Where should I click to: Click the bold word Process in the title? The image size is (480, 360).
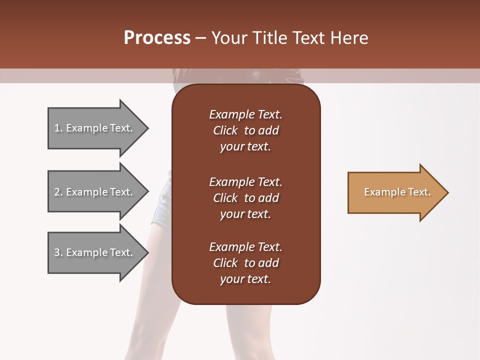157,38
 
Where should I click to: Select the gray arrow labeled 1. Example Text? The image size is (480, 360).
95,128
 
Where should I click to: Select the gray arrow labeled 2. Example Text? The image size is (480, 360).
95,192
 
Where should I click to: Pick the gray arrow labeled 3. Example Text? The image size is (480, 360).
95,252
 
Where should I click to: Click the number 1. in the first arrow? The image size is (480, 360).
58,128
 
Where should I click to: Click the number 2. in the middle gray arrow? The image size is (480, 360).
58,192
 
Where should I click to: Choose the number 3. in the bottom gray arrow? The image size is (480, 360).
58,252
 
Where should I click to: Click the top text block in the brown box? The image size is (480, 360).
245,130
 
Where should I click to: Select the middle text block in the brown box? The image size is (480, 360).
245,198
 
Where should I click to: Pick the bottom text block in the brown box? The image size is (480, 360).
245,263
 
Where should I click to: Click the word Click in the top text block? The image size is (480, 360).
225,130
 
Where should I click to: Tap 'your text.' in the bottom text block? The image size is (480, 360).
245,279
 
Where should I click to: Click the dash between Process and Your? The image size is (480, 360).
201,38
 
